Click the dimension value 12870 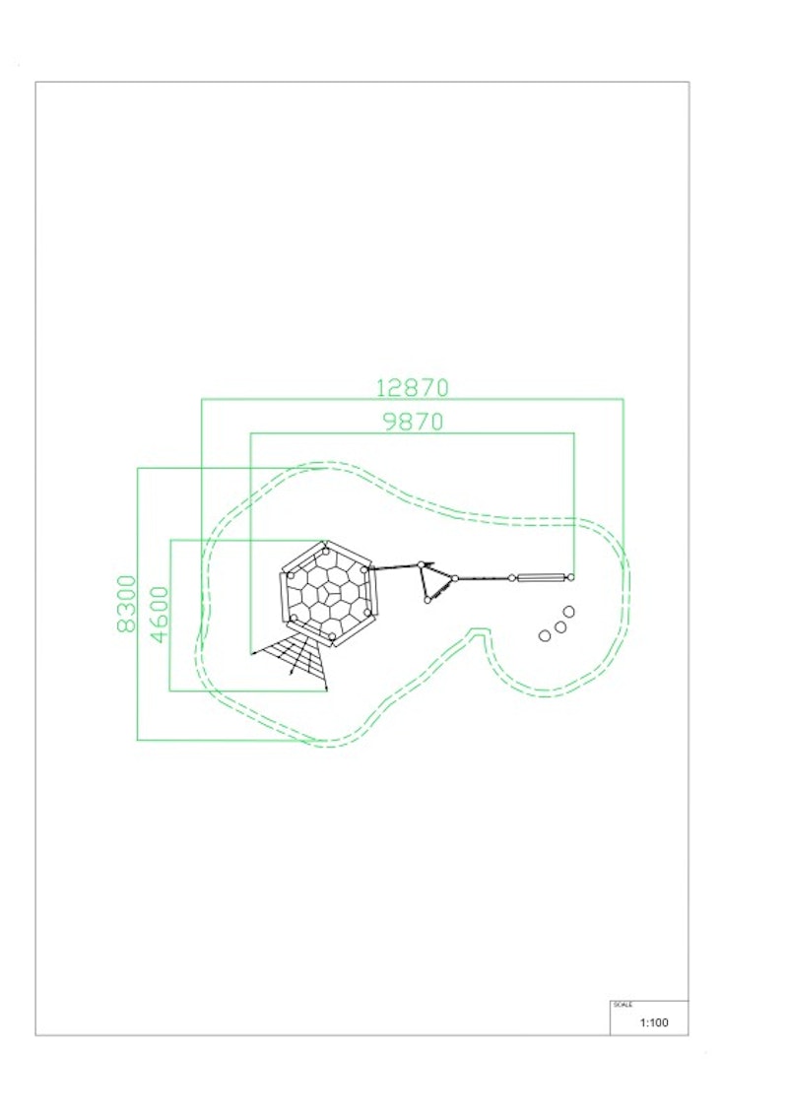click(412, 388)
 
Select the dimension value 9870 click(413, 422)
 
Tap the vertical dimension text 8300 click(126, 604)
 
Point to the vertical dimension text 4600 click(160, 615)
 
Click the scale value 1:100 click(654, 1022)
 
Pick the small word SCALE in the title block click(623, 1005)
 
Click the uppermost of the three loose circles click(568, 612)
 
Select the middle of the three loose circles click(560, 627)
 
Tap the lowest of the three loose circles click(545, 635)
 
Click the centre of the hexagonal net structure click(328, 594)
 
